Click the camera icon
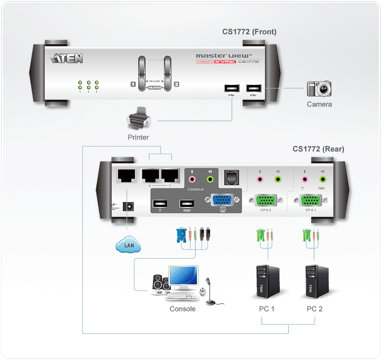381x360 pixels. click(x=319, y=89)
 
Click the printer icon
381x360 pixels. click(x=137, y=119)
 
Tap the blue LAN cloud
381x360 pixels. click(x=128, y=246)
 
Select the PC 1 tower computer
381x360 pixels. click(x=266, y=281)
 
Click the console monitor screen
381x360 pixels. click(x=183, y=277)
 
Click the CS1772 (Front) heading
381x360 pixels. click(x=249, y=32)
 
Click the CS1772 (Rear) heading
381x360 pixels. click(x=318, y=149)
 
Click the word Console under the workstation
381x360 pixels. click(x=182, y=309)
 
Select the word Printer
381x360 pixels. click(x=138, y=137)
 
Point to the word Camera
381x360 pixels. click(x=319, y=104)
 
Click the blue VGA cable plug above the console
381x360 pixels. click(x=181, y=235)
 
